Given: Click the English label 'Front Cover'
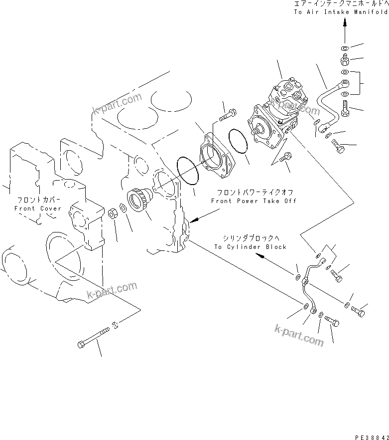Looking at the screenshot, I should [x=38, y=209].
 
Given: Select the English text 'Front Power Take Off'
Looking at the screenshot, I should [x=254, y=201].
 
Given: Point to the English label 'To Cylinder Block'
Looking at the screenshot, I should [x=251, y=246].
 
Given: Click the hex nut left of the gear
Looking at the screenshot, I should [x=113, y=214].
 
